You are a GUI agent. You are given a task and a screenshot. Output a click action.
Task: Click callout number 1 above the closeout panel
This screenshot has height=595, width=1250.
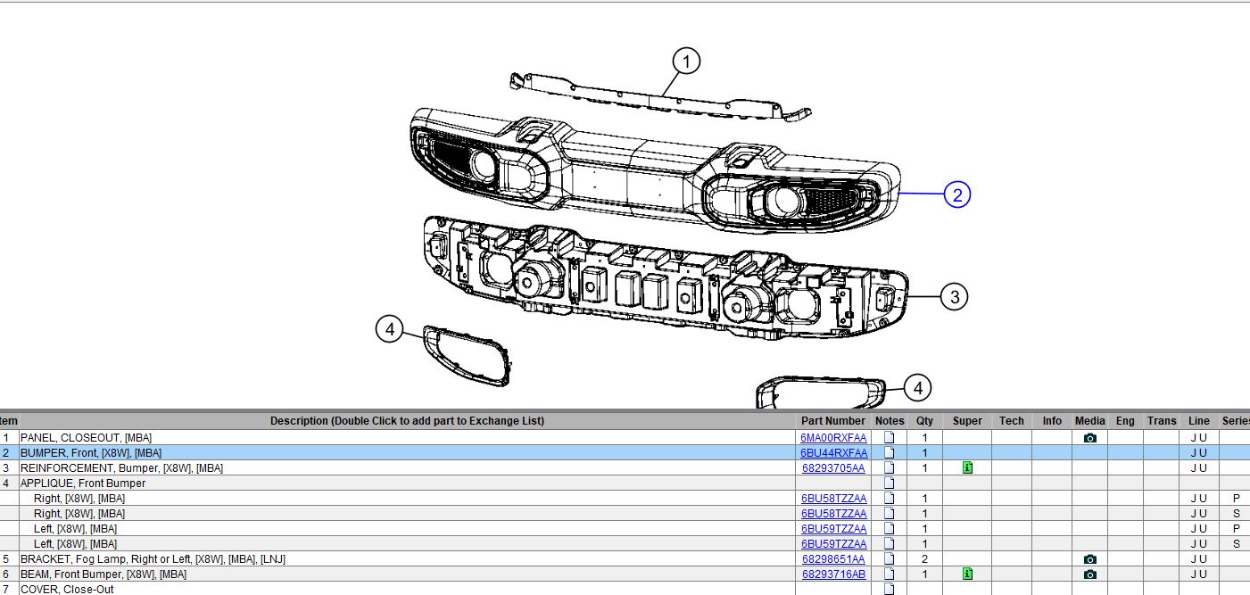(686, 62)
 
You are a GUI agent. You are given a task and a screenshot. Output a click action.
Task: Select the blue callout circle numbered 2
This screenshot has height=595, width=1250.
(957, 194)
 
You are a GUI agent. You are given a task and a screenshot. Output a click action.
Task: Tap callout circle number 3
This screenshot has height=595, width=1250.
(955, 297)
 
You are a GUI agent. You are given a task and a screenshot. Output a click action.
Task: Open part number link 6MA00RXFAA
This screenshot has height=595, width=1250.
(833, 438)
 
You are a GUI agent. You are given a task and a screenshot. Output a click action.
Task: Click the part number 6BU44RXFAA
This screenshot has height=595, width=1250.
(833, 452)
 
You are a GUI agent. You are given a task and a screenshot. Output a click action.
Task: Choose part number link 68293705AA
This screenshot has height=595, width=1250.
(833, 467)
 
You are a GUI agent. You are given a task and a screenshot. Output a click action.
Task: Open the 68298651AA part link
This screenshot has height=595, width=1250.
(833, 558)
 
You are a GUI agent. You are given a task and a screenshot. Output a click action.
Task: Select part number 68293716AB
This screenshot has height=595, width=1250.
(833, 574)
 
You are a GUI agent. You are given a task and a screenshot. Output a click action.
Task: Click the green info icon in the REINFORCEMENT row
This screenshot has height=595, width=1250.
(968, 467)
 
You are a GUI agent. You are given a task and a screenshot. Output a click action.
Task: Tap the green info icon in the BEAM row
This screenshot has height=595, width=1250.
(968, 574)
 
